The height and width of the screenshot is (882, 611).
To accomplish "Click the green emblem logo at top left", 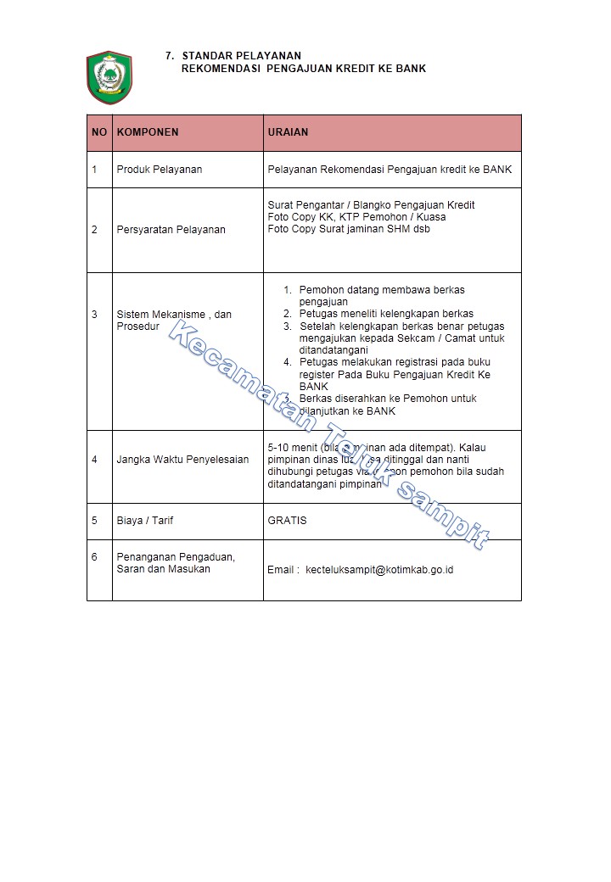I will click(109, 77).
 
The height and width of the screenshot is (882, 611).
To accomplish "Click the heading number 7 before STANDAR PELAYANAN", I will click(170, 56).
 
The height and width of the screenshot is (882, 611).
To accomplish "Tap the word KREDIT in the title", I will click(349, 68).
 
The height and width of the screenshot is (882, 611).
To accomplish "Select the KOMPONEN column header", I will click(148, 132).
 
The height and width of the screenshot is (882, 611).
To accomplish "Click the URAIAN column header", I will click(288, 132).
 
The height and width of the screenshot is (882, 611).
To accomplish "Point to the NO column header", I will click(99, 132).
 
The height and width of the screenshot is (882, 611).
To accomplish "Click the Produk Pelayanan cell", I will click(159, 170).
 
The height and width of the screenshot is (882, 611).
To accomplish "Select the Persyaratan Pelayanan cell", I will click(171, 230).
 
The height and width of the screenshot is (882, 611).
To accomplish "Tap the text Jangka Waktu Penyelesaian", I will click(182, 460).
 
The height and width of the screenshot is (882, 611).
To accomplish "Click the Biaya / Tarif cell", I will click(144, 521).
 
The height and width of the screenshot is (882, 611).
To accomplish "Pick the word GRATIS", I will click(287, 521).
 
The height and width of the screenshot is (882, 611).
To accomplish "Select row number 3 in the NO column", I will click(94, 315).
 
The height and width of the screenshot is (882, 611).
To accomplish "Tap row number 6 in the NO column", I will click(94, 557).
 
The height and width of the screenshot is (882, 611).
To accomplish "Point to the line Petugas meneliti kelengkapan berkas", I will click(386, 314).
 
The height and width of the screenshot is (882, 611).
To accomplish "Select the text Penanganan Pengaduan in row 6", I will click(175, 557).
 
